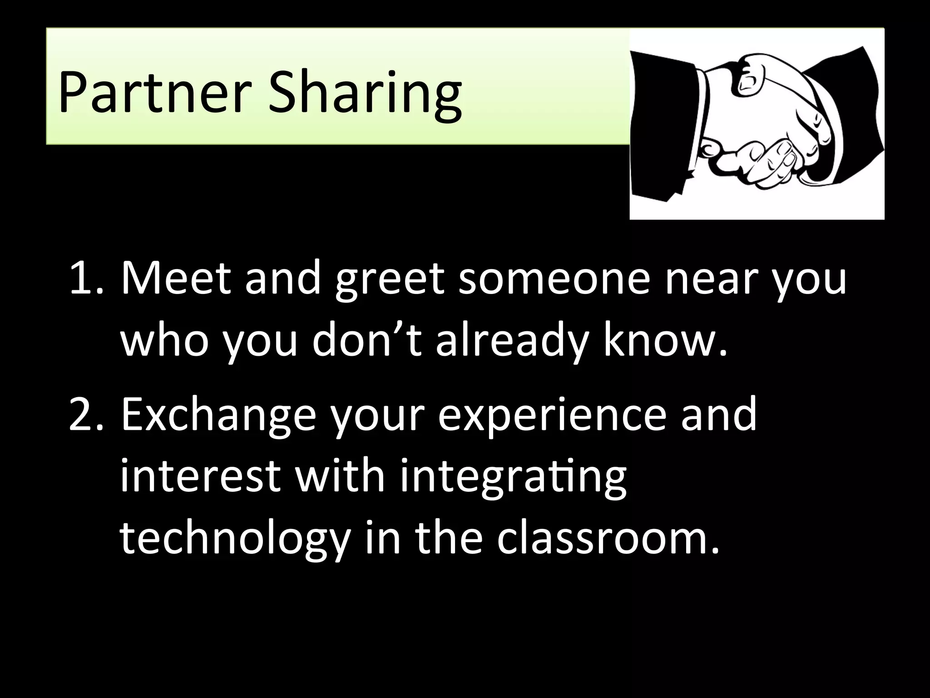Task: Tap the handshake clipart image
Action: tap(757, 124)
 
